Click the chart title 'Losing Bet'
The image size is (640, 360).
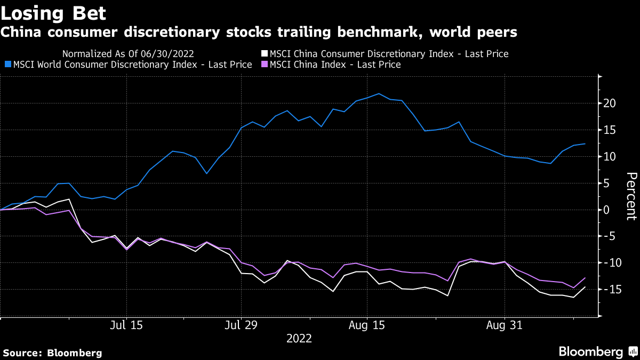(x=53, y=12)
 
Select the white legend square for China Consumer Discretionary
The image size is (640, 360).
(x=264, y=54)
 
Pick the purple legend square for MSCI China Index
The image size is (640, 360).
(x=264, y=65)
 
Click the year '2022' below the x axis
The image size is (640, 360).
(x=299, y=338)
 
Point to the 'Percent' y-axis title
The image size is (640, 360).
(x=631, y=196)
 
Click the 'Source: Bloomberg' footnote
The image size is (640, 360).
(x=52, y=353)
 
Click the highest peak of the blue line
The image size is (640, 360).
(x=379, y=94)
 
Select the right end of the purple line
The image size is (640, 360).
(x=585, y=278)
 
